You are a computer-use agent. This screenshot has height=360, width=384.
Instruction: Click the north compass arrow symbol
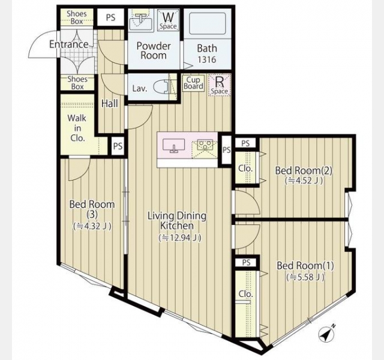(x=326, y=333)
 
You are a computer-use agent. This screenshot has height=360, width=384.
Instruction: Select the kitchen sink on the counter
(x=173, y=146)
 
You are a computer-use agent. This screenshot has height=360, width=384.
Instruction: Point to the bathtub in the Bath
(x=207, y=23)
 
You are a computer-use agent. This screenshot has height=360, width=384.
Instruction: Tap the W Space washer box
(x=168, y=20)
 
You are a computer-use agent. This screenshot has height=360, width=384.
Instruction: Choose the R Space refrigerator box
(x=220, y=85)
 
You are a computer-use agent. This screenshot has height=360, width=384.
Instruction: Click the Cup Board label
(x=193, y=83)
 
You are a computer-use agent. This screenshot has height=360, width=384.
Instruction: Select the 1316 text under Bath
(x=207, y=59)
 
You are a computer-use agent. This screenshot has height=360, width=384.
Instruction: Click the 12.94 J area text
(x=180, y=238)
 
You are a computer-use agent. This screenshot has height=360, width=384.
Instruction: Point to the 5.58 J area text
(x=305, y=277)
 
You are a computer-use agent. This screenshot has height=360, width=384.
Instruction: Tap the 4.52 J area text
(x=304, y=181)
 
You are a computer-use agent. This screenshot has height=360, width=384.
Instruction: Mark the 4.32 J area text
(x=92, y=226)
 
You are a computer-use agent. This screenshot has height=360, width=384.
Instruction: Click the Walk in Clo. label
(x=77, y=128)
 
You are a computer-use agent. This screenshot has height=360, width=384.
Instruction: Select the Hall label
(x=110, y=104)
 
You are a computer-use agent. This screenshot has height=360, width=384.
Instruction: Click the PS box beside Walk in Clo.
(x=118, y=146)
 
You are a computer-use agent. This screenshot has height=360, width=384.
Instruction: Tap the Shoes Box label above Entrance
(x=77, y=17)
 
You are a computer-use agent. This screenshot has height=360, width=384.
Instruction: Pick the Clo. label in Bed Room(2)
(x=245, y=169)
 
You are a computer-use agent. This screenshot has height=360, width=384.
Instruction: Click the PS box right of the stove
(x=227, y=149)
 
